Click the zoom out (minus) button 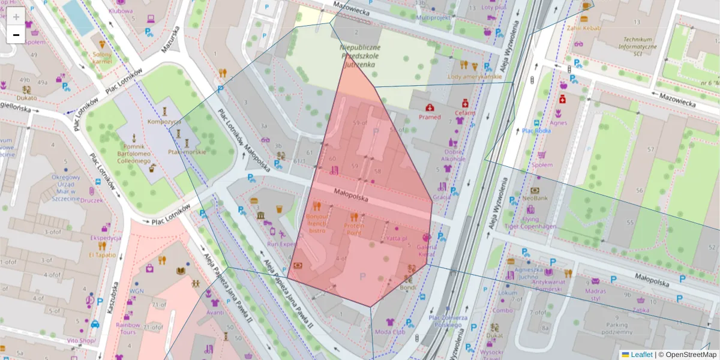(x=16, y=35)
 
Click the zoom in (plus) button (x=16, y=17)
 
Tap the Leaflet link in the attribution (x=641, y=355)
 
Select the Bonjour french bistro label (x=317, y=223)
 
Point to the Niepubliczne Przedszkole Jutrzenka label (x=359, y=55)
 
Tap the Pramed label (x=430, y=117)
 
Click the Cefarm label (x=464, y=112)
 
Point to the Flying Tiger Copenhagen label (x=530, y=223)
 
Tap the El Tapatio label (x=102, y=254)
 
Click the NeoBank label (x=535, y=197)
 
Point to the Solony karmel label (x=103, y=58)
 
